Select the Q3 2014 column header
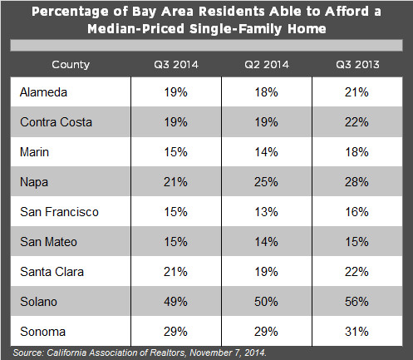click(x=170, y=64)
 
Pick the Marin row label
click(x=35, y=152)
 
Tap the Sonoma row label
click(x=42, y=332)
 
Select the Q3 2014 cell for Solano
click(x=170, y=302)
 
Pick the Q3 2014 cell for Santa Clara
click(x=170, y=272)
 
